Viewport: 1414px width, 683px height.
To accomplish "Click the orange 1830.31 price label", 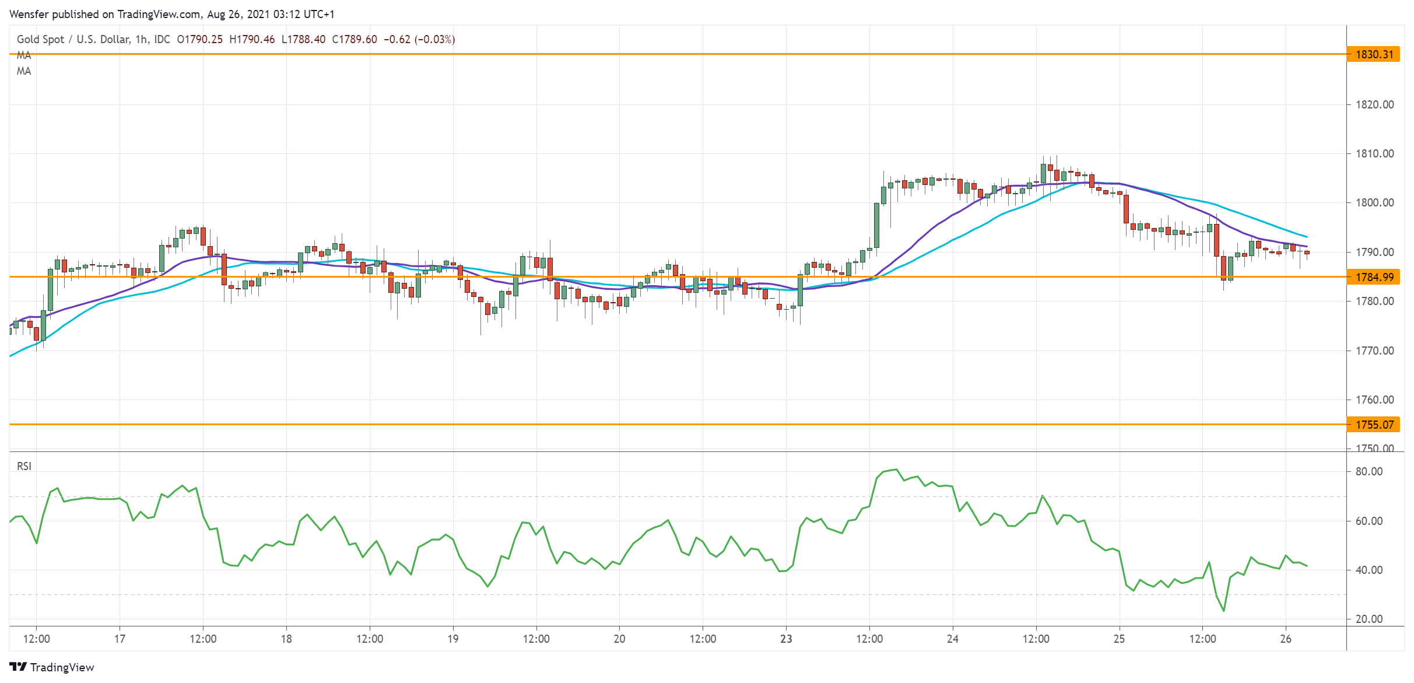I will click(1373, 54).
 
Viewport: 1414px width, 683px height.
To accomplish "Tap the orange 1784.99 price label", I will click(1373, 277).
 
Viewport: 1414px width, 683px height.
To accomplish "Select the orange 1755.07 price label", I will click(1373, 425).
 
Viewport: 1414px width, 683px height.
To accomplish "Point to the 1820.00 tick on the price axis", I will click(1374, 104).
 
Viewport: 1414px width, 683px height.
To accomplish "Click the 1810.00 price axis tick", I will click(1374, 153).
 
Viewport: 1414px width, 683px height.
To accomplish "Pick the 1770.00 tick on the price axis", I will click(1374, 351).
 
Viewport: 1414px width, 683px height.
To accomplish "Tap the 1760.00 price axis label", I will click(1374, 400).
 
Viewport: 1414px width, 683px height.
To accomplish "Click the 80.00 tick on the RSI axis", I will click(1369, 471).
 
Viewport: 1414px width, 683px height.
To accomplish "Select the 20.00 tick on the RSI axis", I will click(1369, 619).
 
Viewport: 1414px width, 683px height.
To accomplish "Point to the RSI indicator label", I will click(24, 466).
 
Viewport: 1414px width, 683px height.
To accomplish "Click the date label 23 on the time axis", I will click(786, 639).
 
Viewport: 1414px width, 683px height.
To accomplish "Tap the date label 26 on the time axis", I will click(1286, 639).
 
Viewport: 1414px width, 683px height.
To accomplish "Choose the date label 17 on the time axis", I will click(120, 639).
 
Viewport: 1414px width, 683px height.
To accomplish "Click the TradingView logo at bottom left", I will click(52, 667).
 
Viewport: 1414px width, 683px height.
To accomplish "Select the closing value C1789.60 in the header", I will click(355, 39).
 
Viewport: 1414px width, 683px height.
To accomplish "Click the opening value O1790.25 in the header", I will click(199, 39).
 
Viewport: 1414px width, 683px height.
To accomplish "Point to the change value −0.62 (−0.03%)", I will click(419, 39).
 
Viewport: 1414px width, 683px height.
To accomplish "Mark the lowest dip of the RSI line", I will click(1223, 611).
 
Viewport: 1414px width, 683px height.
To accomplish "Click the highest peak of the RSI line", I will click(896, 470).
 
